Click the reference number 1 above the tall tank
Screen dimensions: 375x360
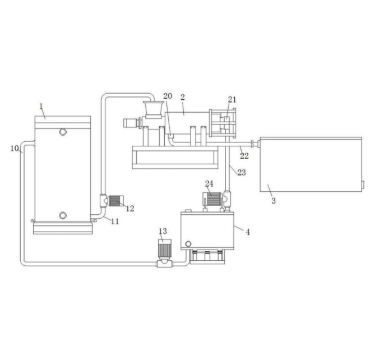[x=41, y=106]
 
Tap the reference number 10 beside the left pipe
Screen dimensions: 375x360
[x=15, y=149]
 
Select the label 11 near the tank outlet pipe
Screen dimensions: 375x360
[x=115, y=221]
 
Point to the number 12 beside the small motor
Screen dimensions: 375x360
[x=130, y=209]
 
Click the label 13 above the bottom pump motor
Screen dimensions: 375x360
[x=163, y=231]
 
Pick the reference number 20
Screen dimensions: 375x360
[x=168, y=96]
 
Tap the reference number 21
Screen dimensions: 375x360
[x=232, y=99]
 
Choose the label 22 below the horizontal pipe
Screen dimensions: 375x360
[x=244, y=156]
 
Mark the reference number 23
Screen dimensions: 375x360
[x=242, y=173]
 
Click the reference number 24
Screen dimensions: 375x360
[x=209, y=184]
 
